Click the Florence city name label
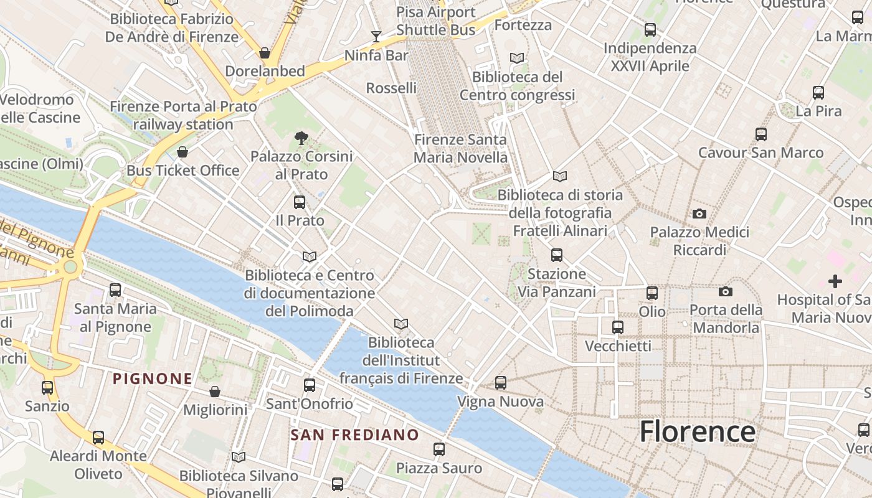697,431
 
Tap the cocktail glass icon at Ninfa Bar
376,37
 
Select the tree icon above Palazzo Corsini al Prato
301,138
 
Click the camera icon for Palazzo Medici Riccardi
699,214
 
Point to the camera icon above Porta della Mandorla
725,291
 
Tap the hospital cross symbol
835,281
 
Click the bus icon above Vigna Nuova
501,383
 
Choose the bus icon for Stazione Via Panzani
557,255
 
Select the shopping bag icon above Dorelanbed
265,53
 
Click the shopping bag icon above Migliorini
215,392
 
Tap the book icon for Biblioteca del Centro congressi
517,59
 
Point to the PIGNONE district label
153,378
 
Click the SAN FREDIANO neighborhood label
355,435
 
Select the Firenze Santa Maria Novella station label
461,149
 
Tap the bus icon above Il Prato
300,202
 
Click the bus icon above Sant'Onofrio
310,385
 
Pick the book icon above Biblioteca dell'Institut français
401,324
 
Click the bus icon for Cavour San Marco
761,134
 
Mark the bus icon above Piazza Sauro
439,449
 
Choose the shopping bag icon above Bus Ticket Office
182,152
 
